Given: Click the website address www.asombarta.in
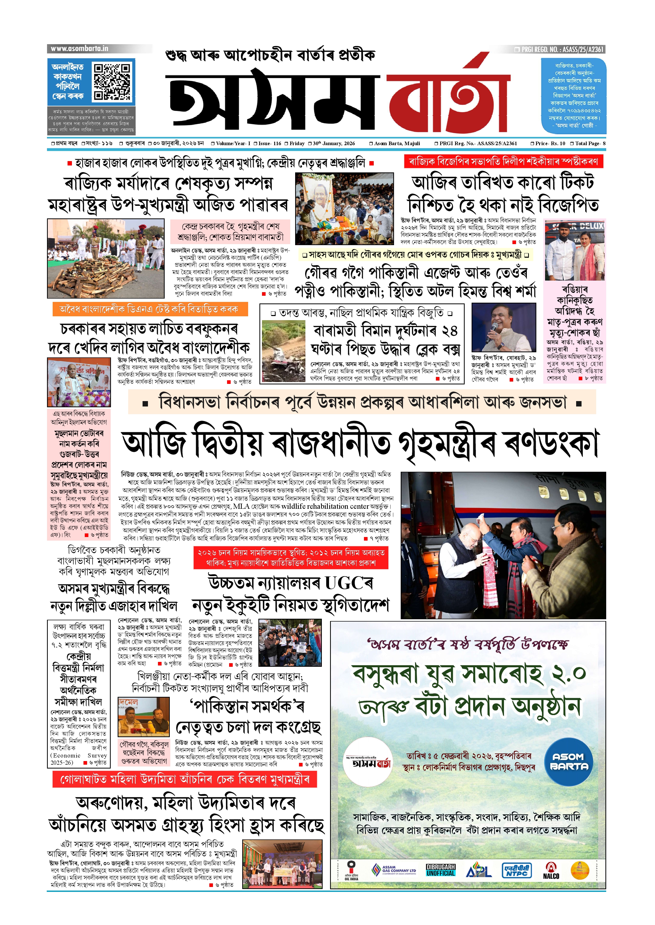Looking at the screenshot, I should (x=79, y=49).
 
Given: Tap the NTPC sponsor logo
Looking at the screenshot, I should (x=517, y=871).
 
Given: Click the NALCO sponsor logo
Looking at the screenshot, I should (x=551, y=871).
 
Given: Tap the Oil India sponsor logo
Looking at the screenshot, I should (x=351, y=871).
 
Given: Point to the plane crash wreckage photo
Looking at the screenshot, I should (x=283, y=351).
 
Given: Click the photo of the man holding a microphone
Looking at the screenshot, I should (x=503, y=328).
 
